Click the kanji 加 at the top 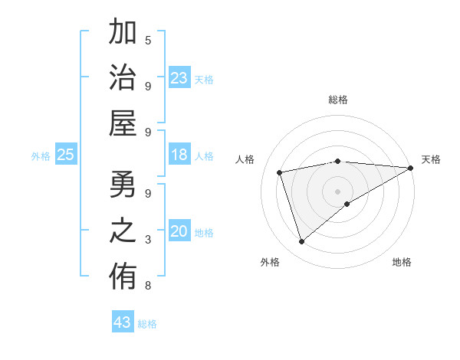click(123, 34)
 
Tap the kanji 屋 click(123, 125)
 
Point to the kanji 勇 click(123, 185)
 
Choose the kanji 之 click(123, 232)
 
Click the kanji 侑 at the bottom click(123, 279)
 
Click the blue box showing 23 click(179, 79)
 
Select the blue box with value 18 click(179, 155)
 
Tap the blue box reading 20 click(179, 232)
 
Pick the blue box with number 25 click(65, 155)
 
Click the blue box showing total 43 click(123, 322)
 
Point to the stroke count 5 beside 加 click(148, 40)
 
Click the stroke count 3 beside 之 click(148, 240)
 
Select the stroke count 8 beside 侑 click(148, 286)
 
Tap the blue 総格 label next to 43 click(147, 324)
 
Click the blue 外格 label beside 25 click(41, 156)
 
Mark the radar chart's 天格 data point click(410, 168)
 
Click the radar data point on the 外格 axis click(301, 242)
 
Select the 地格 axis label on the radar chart click(402, 262)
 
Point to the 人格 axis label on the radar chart click(246, 159)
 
